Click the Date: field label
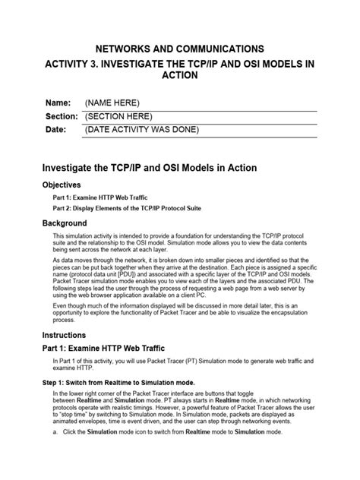point(57,131)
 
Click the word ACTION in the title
point(180,76)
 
